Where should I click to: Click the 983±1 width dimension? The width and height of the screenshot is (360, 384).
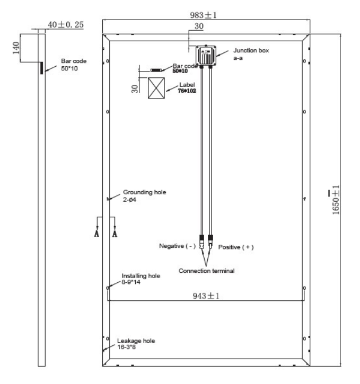point(204,15)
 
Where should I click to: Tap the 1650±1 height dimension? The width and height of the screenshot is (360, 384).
point(336,200)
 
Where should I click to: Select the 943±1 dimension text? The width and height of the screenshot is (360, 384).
point(206,296)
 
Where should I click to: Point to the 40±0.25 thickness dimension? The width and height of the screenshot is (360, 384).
point(66,24)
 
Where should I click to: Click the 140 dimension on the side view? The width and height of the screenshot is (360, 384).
point(16,48)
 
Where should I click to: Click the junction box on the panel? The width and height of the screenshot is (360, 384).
point(206,56)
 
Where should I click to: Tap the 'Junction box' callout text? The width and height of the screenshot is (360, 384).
point(251,50)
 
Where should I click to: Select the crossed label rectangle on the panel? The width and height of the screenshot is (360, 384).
point(156,88)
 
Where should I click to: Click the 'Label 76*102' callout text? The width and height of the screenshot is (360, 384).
point(187,88)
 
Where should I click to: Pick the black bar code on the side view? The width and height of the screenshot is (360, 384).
point(42,68)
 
